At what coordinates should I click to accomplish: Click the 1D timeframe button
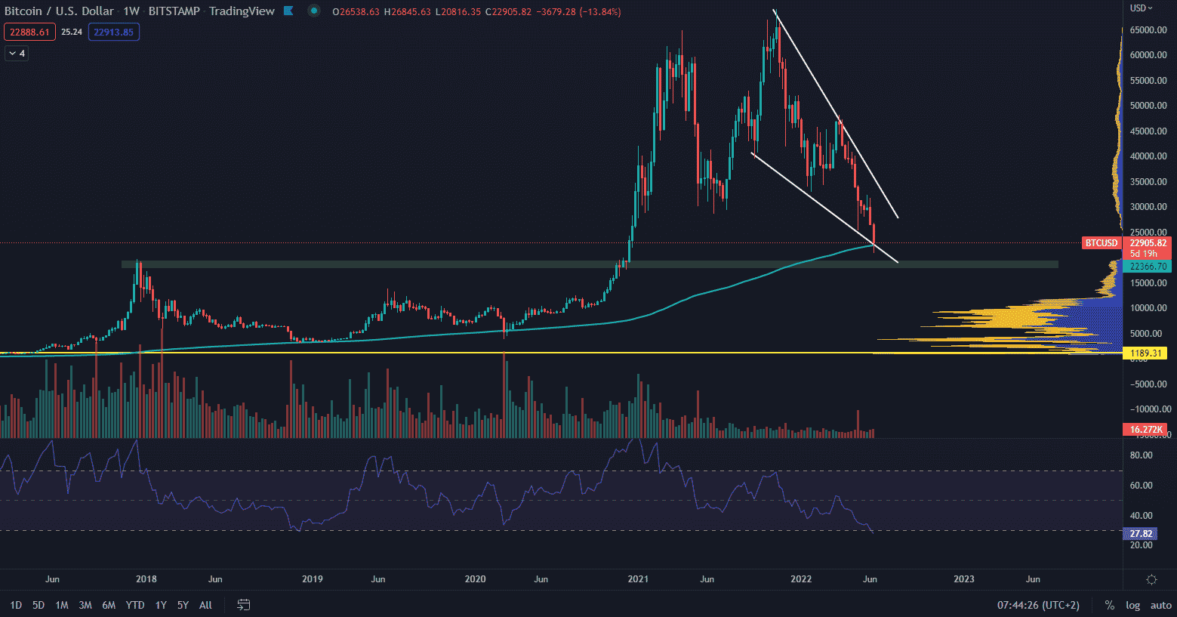pos(16,605)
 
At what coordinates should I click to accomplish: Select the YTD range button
pos(135,605)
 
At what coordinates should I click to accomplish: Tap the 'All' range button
pos(205,605)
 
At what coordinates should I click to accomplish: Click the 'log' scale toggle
pos(1132,605)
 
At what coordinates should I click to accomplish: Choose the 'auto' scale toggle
pos(1160,605)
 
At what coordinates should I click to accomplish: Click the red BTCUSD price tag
pos(1101,243)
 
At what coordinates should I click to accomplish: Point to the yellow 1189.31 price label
pos(1145,353)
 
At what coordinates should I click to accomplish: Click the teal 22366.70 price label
pos(1148,267)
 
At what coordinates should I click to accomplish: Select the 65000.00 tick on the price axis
pos(1148,30)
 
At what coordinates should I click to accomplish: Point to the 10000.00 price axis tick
pos(1148,308)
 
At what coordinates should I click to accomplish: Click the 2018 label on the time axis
pos(146,579)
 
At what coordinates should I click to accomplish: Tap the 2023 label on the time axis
pos(964,579)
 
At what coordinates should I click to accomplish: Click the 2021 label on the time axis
pos(638,579)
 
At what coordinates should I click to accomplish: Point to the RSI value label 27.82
pos(1141,534)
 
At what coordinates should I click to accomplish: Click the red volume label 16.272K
pos(1145,430)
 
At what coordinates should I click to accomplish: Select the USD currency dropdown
pos(1141,8)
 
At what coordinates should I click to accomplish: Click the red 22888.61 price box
pos(29,32)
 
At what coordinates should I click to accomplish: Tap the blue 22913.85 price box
pos(113,32)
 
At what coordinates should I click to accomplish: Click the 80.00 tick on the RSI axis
pos(1141,455)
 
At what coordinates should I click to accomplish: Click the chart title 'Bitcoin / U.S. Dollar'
pos(59,11)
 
